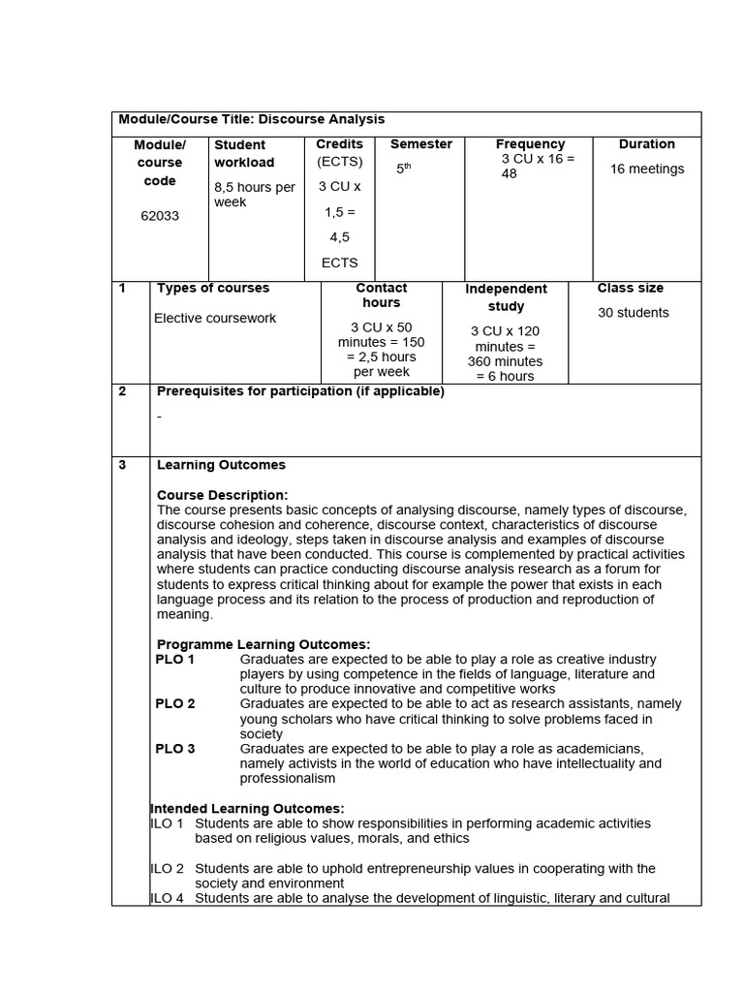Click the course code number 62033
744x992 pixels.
160,216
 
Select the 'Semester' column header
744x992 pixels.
420,144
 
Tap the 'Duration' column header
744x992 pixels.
646,144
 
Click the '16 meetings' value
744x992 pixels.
646,169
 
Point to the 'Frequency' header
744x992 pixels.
530,144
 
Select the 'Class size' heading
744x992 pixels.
631,288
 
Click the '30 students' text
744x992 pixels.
633,313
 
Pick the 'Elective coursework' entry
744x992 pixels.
215,318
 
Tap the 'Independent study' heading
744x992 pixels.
506,297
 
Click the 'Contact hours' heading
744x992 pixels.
382,295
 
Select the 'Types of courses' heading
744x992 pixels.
213,288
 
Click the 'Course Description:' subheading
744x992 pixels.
222,495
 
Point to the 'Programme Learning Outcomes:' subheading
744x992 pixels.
263,644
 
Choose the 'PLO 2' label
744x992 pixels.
175,704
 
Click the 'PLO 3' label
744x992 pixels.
175,749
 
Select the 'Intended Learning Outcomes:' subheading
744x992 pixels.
248,808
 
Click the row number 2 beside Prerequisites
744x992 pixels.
122,391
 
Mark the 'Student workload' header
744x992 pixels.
244,154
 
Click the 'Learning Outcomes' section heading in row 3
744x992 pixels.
221,465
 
